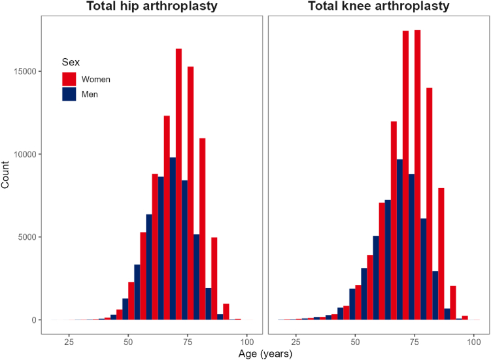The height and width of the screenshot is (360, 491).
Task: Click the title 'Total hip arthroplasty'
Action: (152, 6)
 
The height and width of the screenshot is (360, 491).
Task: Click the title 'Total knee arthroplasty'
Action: (379, 6)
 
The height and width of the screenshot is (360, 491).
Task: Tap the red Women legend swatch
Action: (69, 79)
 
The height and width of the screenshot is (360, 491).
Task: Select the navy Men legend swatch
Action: (69, 94)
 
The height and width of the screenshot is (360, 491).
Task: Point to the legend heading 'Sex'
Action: (71, 62)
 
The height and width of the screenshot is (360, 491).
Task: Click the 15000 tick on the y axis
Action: (25, 71)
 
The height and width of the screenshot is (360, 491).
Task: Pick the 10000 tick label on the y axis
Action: (25, 154)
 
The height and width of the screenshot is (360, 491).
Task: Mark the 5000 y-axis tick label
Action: (27, 237)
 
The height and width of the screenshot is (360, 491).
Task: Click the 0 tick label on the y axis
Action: (34, 320)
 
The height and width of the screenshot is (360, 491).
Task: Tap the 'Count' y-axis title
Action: (5, 174)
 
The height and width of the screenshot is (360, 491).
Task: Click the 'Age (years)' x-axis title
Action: (265, 353)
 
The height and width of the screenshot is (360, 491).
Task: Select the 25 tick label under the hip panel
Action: (69, 342)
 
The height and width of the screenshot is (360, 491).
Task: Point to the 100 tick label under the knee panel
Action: (474, 342)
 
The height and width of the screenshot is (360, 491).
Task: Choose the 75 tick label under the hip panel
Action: (188, 342)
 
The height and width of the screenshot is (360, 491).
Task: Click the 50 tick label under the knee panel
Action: (355, 342)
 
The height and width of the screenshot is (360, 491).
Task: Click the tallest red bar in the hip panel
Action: (178, 184)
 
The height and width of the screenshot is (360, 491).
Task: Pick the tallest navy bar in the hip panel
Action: (173, 238)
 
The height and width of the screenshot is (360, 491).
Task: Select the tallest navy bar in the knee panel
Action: (399, 240)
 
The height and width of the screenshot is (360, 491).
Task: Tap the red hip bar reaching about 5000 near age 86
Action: (214, 278)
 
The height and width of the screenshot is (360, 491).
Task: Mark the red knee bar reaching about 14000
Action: (430, 204)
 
